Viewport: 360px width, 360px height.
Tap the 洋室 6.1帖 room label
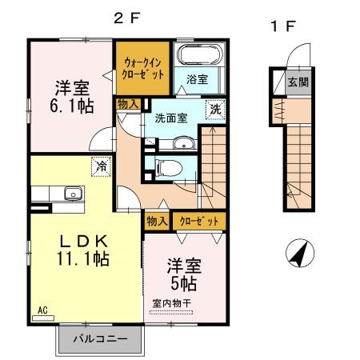71,95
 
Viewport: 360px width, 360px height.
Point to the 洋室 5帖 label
183,274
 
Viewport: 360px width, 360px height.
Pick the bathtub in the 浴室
198,58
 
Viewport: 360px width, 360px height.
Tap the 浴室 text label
197,80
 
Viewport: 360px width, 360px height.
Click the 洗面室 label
170,118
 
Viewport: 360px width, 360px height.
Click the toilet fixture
168,167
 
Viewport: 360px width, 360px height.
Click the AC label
43,307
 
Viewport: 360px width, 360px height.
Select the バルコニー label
101,338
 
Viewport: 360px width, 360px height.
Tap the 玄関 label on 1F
297,82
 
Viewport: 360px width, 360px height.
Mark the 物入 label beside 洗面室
128,103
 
